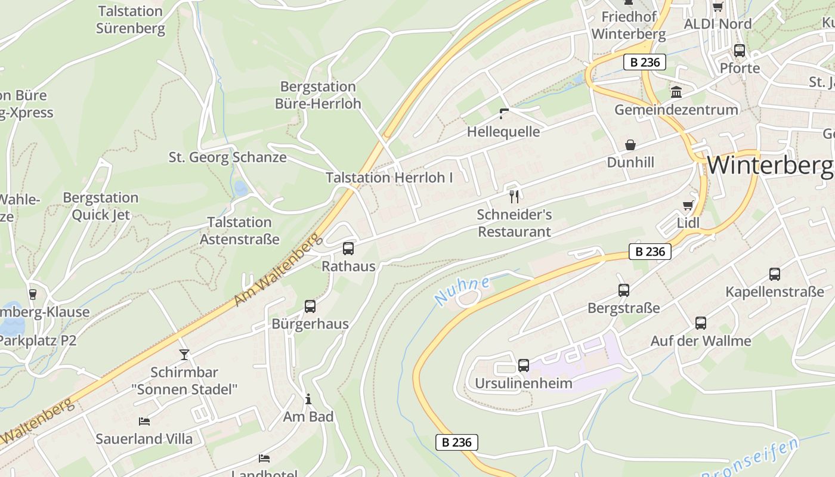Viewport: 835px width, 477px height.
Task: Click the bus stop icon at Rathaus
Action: pyautogui.click(x=348, y=249)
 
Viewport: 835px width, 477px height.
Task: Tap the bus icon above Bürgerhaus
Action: pyautogui.click(x=310, y=306)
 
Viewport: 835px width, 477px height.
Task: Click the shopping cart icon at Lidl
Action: pyautogui.click(x=688, y=206)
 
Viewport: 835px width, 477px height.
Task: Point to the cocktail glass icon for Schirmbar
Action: pyautogui.click(x=184, y=354)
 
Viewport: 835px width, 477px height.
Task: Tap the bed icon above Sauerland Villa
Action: pyautogui.click(x=144, y=421)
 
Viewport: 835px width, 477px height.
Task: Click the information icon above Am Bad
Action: pyautogui.click(x=308, y=399)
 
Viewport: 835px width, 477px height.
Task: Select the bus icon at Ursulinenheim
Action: pyautogui.click(x=524, y=365)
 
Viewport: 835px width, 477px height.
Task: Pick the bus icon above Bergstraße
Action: pyautogui.click(x=624, y=290)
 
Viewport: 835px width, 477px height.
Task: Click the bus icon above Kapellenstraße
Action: pyautogui.click(x=775, y=274)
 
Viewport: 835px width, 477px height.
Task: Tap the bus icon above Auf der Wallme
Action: pyautogui.click(x=701, y=323)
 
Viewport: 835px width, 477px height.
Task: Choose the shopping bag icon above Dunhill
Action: pyautogui.click(x=630, y=145)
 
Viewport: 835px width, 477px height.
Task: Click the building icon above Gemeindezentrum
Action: pyautogui.click(x=676, y=92)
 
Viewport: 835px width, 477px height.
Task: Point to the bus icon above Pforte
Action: pyautogui.click(x=740, y=51)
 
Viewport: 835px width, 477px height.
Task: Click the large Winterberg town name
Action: pyautogui.click(x=770, y=165)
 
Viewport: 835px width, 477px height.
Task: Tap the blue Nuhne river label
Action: pyautogui.click(x=462, y=290)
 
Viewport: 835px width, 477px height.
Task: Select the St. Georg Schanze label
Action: pyautogui.click(x=227, y=157)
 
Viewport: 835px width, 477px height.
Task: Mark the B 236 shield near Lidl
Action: pyautogui.click(x=650, y=252)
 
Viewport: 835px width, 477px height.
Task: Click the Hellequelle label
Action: pyautogui.click(x=503, y=132)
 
